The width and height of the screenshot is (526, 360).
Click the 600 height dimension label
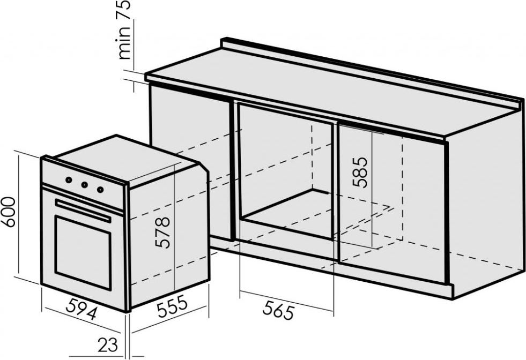click(8, 212)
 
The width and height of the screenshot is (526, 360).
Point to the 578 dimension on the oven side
click(162, 232)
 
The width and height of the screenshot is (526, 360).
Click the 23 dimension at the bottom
click(108, 344)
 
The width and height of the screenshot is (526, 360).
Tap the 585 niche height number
click(360, 172)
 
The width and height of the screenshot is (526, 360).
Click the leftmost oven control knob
click(69, 180)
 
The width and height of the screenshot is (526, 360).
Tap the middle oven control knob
click(84, 184)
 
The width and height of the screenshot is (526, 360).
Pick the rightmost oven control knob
click(100, 190)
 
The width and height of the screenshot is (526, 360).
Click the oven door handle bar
click(83, 211)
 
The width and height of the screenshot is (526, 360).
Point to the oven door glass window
click(83, 252)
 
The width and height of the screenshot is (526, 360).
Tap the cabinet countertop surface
click(332, 91)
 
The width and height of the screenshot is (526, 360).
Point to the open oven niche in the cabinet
click(286, 171)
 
